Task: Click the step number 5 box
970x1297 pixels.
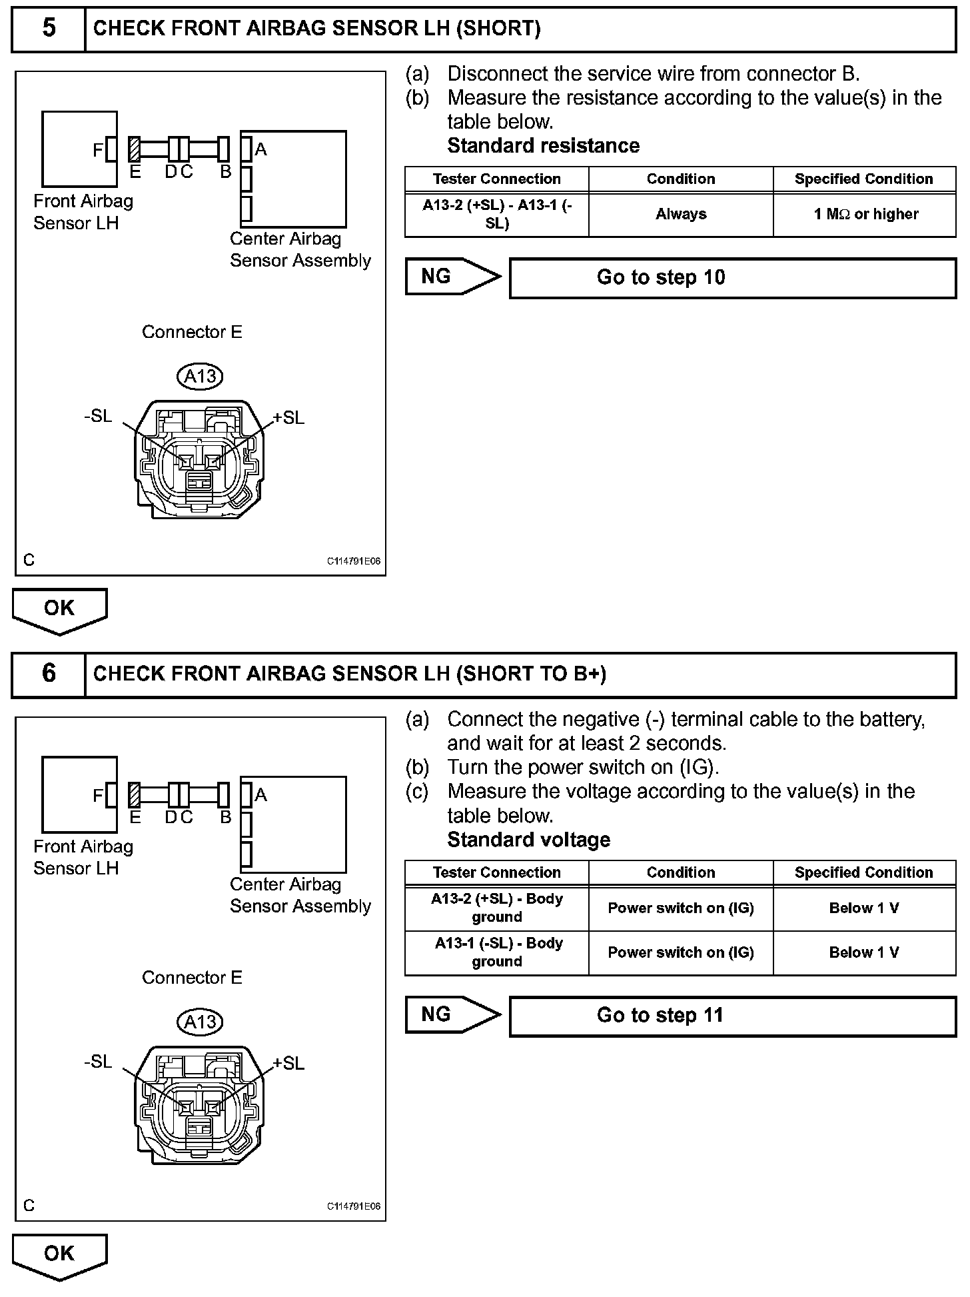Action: coord(49,28)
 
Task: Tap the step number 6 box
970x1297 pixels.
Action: coord(49,674)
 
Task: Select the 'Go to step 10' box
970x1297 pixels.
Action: coord(732,278)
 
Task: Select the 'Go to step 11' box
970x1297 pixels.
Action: coord(732,1016)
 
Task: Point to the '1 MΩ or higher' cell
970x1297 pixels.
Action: coord(865,215)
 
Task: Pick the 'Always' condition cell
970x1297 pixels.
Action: coord(680,215)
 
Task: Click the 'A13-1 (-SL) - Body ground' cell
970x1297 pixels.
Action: coord(497,952)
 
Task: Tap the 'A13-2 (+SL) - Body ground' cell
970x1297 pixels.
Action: coord(497,908)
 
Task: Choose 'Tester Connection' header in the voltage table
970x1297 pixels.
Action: coord(497,872)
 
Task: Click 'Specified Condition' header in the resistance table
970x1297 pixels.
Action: coord(864,179)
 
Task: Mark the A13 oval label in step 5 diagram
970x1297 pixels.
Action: coord(200,377)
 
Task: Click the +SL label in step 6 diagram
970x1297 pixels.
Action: coord(289,1063)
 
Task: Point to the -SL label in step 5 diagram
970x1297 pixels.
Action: coord(98,416)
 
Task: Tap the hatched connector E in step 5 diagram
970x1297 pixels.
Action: coord(135,149)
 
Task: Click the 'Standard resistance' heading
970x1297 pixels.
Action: coord(543,145)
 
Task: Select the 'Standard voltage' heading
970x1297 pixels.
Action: coord(528,840)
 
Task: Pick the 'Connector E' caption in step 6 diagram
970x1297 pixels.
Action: coord(192,978)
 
